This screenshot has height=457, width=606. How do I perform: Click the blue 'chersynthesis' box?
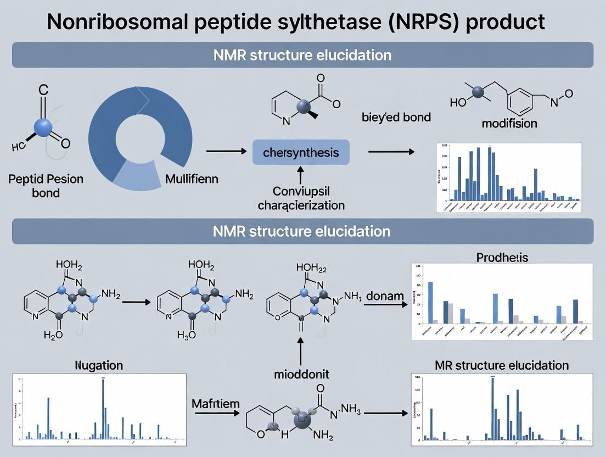pos(301,152)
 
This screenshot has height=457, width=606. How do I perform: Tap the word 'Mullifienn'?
pos(192,179)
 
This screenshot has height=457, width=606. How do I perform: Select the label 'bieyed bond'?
pos(396,117)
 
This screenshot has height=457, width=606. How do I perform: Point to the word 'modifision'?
pos(509,123)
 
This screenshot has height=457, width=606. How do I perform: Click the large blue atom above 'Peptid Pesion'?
pos(43,127)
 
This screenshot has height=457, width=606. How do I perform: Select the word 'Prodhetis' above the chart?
pos(502,257)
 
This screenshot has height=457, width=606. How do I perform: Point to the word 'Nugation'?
pos(99,365)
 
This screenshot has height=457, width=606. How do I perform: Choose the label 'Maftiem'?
pos(216,404)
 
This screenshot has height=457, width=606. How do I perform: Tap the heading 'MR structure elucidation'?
pos(502,365)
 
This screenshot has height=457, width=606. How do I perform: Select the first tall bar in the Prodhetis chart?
pos(430,302)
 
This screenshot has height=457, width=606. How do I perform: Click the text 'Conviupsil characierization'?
pos(301,198)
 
